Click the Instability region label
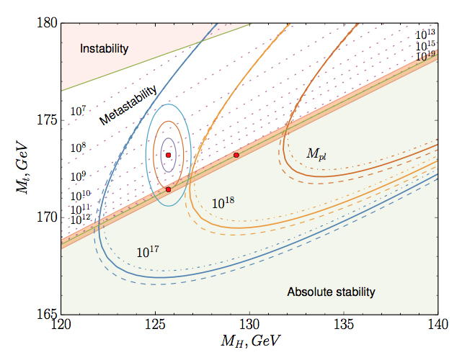pyautogui.click(x=104, y=49)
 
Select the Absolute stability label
pyautogui.click(x=332, y=292)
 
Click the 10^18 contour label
pyautogui.click(x=224, y=203)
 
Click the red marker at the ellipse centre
pyautogui.click(x=168, y=155)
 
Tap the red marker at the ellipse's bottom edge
pyautogui.click(x=168, y=189)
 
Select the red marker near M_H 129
pyautogui.click(x=236, y=155)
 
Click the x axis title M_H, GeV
pyautogui.click(x=249, y=340)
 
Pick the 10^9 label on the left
pyautogui.click(x=79, y=175)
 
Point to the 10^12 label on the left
pyautogui.click(x=81, y=217)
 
